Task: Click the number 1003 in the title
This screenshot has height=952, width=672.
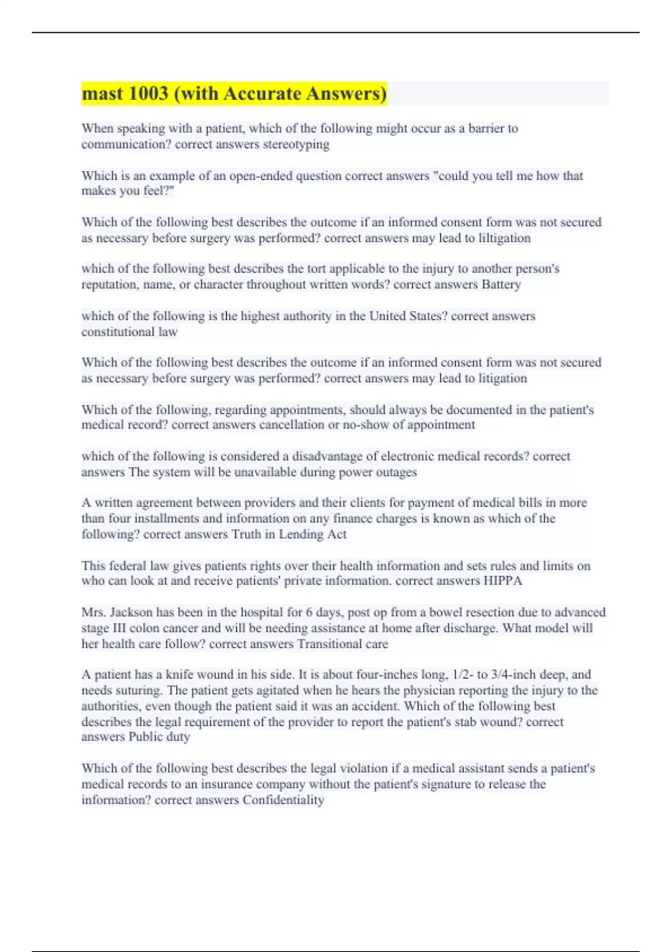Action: [148, 94]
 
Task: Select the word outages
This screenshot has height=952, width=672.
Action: [398, 472]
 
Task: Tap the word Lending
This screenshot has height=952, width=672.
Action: [301, 534]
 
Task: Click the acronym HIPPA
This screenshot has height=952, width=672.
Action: [502, 581]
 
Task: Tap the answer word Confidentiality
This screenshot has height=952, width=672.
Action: [283, 800]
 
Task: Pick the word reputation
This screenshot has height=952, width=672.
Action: [109, 284]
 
